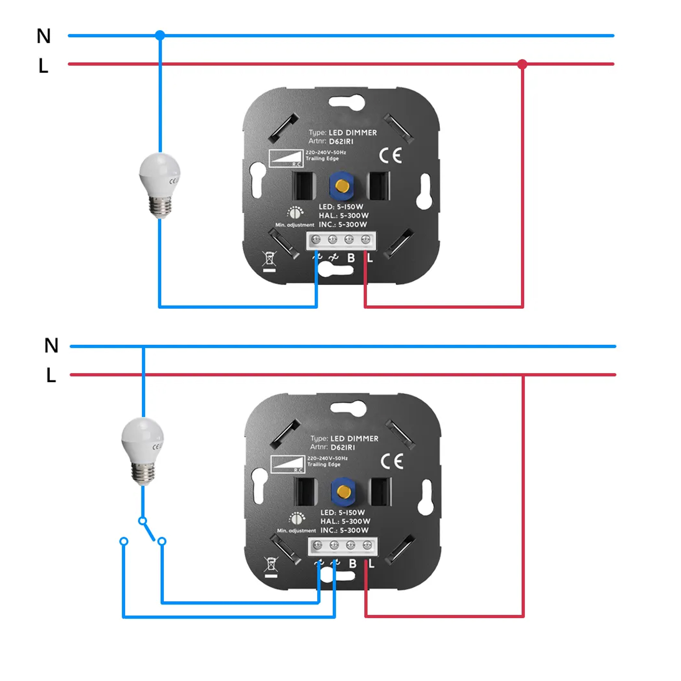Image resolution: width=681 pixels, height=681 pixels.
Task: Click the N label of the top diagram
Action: (x=44, y=36)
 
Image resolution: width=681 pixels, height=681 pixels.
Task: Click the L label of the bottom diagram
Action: (x=51, y=375)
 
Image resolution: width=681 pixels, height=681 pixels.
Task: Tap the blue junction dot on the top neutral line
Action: (x=160, y=35)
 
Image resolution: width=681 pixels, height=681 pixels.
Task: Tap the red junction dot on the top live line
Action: (x=522, y=64)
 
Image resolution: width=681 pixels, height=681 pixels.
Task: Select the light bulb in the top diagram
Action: (x=159, y=184)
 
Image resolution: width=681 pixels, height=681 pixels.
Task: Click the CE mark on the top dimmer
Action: (x=390, y=156)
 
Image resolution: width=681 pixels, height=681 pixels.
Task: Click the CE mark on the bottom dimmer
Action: (x=392, y=462)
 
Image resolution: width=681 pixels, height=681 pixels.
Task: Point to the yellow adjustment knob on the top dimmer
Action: (x=342, y=186)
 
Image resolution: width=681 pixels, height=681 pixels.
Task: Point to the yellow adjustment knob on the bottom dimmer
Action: (x=344, y=491)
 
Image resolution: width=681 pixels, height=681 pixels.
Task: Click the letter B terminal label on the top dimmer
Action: (x=351, y=258)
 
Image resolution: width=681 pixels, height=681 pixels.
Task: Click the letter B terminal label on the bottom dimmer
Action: (x=353, y=563)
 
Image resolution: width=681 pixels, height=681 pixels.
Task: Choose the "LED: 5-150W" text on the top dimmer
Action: (x=341, y=207)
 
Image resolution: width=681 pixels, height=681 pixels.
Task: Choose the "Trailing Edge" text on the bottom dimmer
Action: (x=324, y=464)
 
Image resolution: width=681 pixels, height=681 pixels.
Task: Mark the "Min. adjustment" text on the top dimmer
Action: (x=295, y=225)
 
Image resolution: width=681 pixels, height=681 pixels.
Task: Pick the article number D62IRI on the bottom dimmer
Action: (x=343, y=447)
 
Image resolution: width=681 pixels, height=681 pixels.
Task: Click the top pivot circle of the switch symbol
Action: (x=143, y=521)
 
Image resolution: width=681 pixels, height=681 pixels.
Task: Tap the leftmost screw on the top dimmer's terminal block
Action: (x=316, y=239)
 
